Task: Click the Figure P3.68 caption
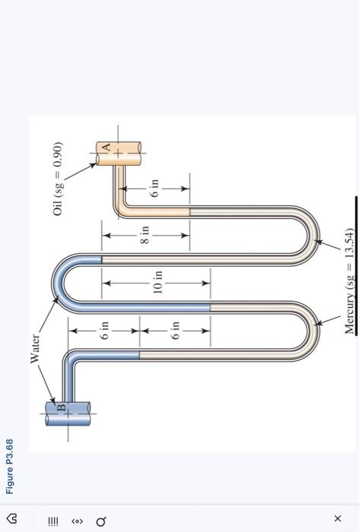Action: point(11,466)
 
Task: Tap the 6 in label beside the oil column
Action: point(155,189)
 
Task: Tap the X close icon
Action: point(337,518)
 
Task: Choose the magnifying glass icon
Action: point(101,521)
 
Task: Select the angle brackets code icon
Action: point(77,521)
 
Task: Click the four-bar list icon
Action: point(52,521)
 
